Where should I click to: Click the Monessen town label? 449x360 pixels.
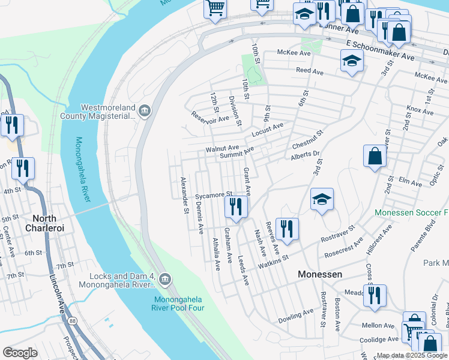point(321,274)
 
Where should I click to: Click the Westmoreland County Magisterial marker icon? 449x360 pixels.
point(144,110)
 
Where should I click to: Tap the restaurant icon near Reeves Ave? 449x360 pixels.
point(287,229)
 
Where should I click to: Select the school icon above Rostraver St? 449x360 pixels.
point(322,200)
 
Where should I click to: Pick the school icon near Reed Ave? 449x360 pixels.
point(352,60)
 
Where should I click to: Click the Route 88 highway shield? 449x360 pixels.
point(72,322)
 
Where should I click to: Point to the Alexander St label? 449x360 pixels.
point(184,194)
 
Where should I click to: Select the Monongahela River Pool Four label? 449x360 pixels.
point(179,304)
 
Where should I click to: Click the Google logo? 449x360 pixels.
point(20,353)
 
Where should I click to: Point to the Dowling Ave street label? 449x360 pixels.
point(296,314)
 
